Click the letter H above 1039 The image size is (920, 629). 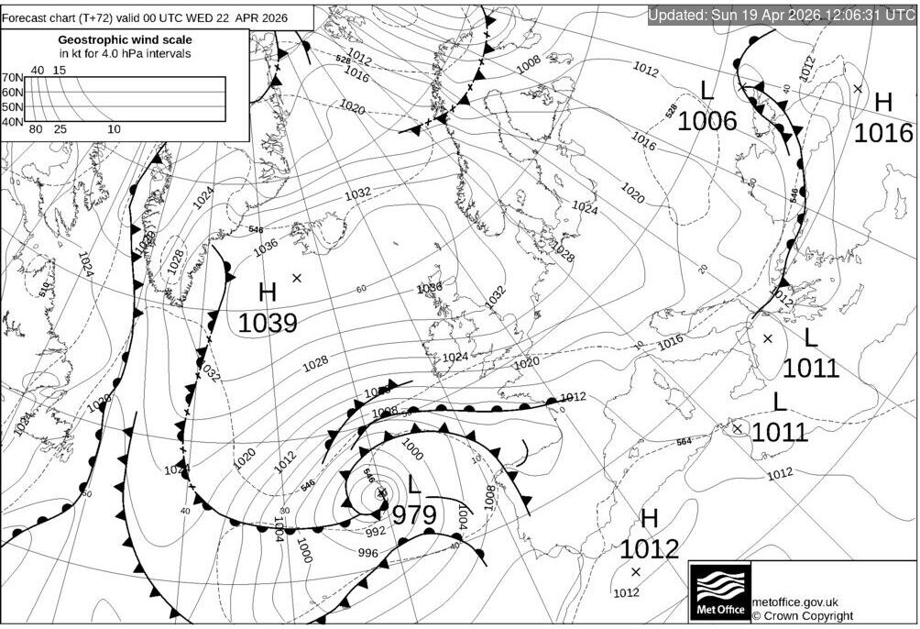click(x=268, y=293)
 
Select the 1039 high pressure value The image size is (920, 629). click(x=268, y=324)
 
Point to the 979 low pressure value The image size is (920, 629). click(x=414, y=515)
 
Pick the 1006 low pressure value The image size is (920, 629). click(x=706, y=120)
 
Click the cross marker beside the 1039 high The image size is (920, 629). click(x=297, y=277)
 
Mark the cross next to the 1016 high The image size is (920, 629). click(x=858, y=89)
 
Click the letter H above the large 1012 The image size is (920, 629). click(x=650, y=519)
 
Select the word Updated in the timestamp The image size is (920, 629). click(x=678, y=16)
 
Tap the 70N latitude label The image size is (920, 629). click(x=13, y=77)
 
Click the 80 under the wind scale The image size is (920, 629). click(x=37, y=129)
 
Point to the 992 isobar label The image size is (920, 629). click(x=376, y=531)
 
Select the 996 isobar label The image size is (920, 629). click(x=367, y=552)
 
